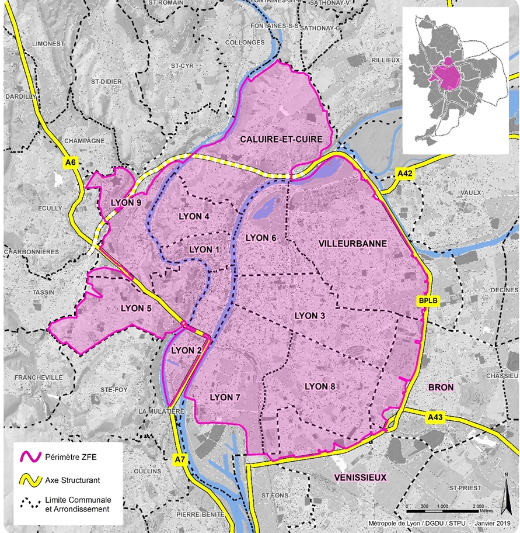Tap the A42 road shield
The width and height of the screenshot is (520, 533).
click(x=404, y=174)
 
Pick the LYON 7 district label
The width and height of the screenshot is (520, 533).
click(x=225, y=397)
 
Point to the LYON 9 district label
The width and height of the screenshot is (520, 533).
click(x=125, y=203)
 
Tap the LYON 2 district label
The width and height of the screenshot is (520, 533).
click(x=186, y=350)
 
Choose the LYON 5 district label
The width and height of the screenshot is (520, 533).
click(x=136, y=308)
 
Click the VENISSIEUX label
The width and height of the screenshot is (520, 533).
click(x=361, y=477)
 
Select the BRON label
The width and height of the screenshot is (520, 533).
click(x=441, y=387)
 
